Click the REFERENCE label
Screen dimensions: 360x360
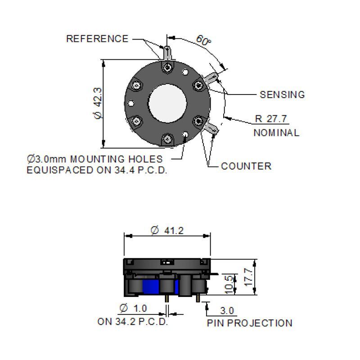[x=97, y=39]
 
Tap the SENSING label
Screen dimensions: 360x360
[x=282, y=94]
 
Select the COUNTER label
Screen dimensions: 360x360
[x=246, y=166]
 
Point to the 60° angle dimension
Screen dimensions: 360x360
[x=203, y=40]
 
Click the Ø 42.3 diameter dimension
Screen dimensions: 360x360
[x=98, y=103]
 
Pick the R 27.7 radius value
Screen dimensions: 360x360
[x=271, y=119]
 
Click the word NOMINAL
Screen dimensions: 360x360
[x=276, y=133]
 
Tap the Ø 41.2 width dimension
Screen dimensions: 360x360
[x=167, y=230]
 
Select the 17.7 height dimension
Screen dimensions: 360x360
[x=248, y=277]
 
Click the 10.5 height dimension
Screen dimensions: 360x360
[x=229, y=285]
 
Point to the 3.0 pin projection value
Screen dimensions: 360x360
[x=227, y=310]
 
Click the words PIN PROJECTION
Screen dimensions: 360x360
[x=250, y=323]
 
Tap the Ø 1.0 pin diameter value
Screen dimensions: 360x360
[x=133, y=308]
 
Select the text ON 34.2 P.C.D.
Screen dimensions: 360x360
[x=133, y=321]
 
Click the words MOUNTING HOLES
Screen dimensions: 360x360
[x=117, y=159]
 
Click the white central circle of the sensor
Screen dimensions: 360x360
[x=167, y=103]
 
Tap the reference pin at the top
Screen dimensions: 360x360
[x=167, y=53]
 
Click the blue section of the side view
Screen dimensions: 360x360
[x=151, y=287]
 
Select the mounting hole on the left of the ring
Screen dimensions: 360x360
[x=131, y=103]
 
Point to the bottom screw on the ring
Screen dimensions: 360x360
[x=167, y=139]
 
